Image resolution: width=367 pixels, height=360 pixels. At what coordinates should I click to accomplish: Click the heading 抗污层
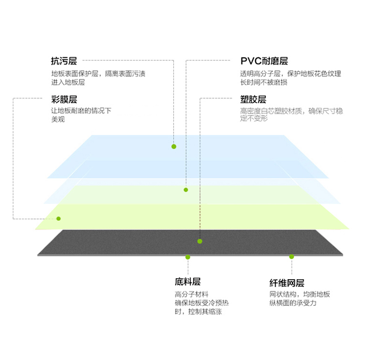tap(64, 61)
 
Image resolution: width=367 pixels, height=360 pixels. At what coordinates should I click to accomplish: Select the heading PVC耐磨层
tap(264, 61)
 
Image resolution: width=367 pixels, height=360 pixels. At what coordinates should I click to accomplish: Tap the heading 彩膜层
tap(64, 99)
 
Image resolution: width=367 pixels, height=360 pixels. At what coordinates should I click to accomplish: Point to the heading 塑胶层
tap(253, 99)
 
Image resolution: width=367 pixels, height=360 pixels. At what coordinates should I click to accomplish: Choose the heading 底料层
tap(188, 282)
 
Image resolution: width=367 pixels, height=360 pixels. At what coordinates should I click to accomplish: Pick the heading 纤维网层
tap(287, 283)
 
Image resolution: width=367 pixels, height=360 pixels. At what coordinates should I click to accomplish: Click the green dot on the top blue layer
tap(174, 146)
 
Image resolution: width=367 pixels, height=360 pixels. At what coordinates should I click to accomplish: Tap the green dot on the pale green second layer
tap(186, 190)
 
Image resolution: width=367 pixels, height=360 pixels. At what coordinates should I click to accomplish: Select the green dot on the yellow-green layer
tap(59, 218)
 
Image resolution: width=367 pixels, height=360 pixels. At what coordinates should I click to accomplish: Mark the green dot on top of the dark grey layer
tap(200, 241)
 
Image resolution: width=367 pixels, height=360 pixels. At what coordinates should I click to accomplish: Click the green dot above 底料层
tap(188, 257)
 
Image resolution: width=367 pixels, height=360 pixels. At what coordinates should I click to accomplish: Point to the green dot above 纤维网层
tap(292, 257)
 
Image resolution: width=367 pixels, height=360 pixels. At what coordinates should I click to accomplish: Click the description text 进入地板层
tap(68, 82)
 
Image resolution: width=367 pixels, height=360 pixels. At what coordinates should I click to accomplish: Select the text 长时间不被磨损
tap(264, 82)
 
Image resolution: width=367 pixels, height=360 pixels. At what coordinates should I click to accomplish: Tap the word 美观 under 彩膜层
tap(58, 119)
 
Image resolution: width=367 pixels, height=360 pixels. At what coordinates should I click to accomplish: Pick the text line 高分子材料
tap(191, 294)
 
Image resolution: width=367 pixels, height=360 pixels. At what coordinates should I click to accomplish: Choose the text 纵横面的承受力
tap(293, 303)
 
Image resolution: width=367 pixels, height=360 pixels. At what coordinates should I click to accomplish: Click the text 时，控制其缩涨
tap(198, 312)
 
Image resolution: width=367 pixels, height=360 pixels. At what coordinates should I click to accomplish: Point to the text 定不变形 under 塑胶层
tap(254, 118)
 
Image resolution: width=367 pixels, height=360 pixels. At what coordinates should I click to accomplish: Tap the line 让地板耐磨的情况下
tap(81, 111)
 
